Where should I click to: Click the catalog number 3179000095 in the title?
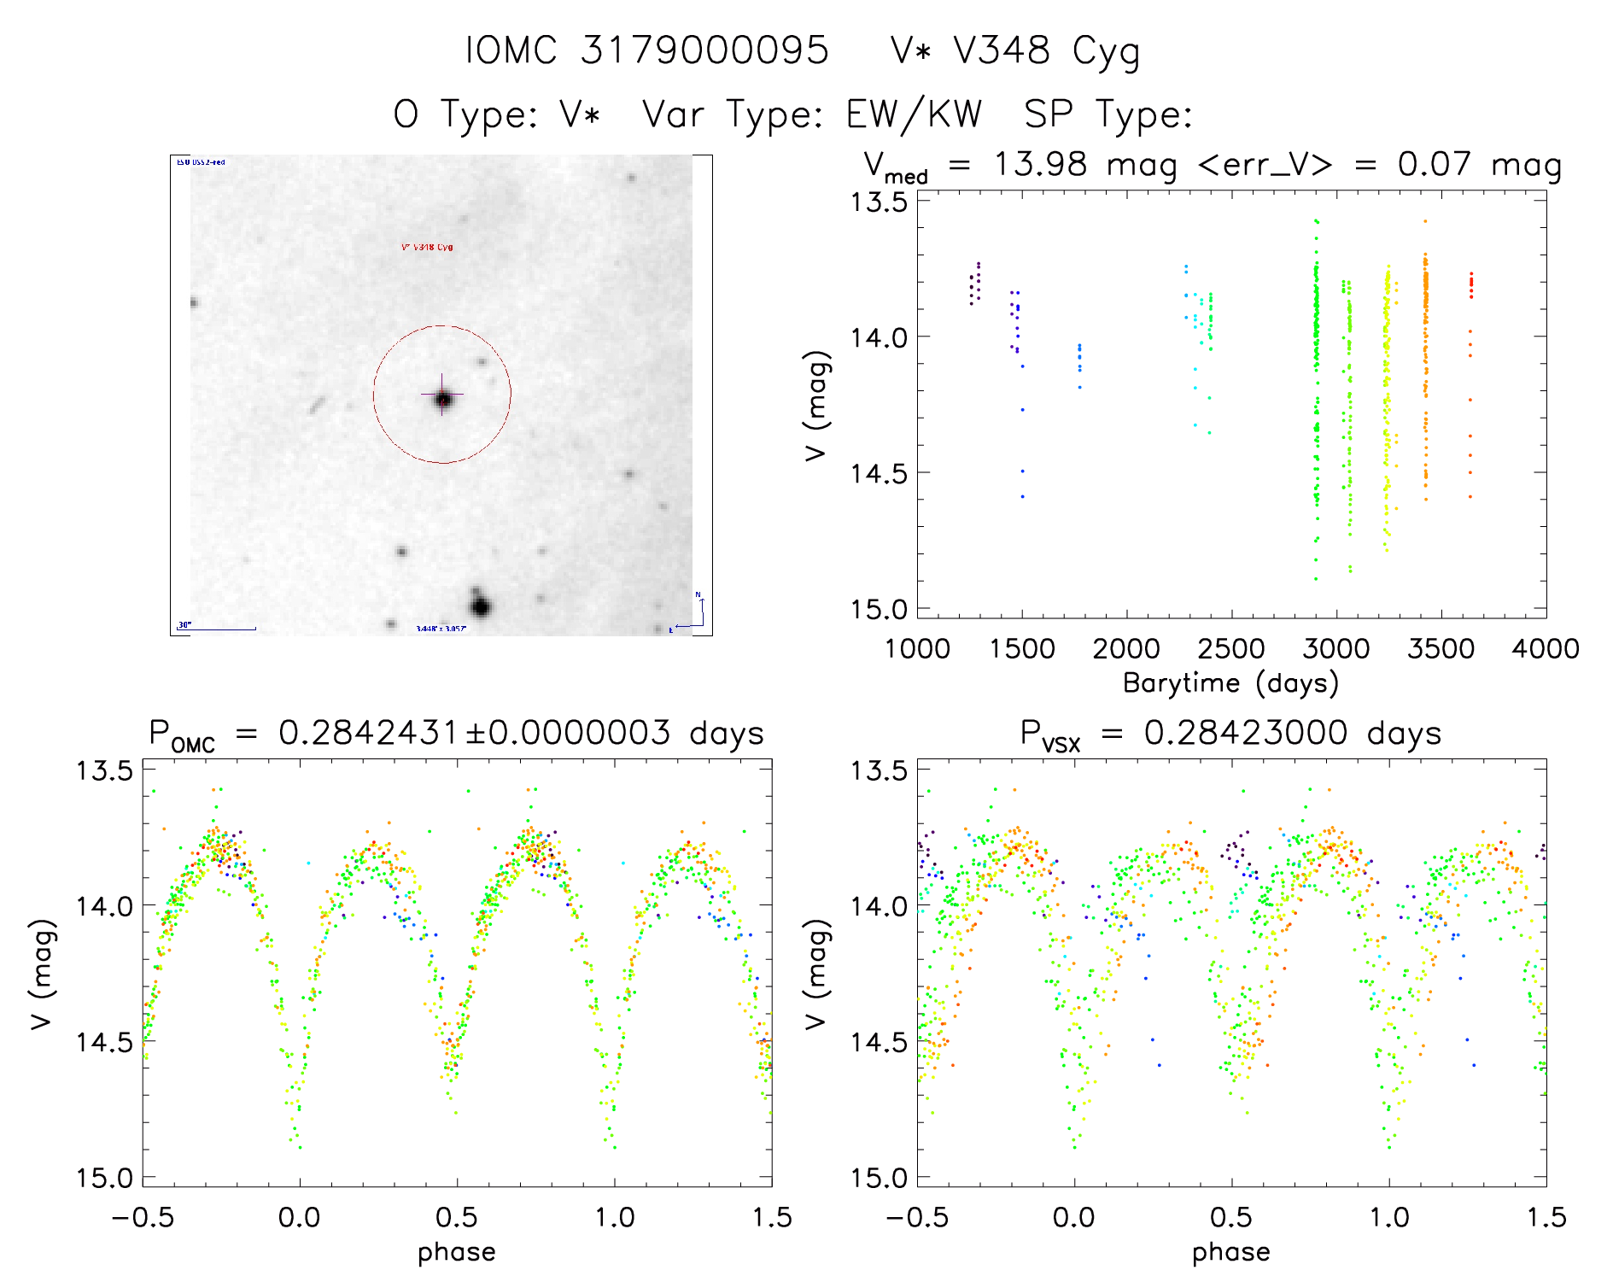click(x=704, y=50)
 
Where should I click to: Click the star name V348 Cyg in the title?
click(x=1046, y=51)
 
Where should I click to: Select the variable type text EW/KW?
click(x=914, y=114)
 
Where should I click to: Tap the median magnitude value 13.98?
click(x=1040, y=164)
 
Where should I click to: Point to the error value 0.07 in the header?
click(x=1434, y=164)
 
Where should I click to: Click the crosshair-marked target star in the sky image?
click(x=442, y=398)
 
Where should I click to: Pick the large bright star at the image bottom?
click(x=481, y=607)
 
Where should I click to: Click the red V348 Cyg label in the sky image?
click(x=427, y=248)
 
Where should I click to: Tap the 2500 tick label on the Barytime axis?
click(x=1231, y=649)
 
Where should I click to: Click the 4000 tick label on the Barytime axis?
click(x=1546, y=649)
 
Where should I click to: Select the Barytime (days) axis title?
click(x=1230, y=683)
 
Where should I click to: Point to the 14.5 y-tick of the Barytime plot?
click(x=878, y=473)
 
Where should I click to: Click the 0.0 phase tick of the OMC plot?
click(x=299, y=1217)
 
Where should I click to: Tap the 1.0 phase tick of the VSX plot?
click(x=1389, y=1217)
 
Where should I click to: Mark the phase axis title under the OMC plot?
click(x=457, y=1252)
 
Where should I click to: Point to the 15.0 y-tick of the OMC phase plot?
click(x=104, y=1179)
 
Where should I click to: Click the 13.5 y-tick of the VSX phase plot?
click(x=878, y=770)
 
